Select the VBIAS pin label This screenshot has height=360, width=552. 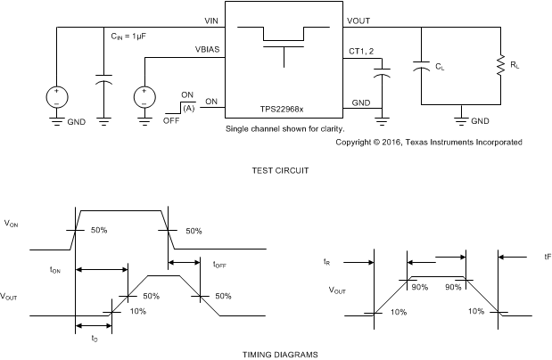click(206, 51)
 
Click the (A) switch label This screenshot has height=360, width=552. click(187, 108)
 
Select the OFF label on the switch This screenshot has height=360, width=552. click(171, 119)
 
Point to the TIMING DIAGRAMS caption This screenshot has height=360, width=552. click(279, 354)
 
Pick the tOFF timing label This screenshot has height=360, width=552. click(219, 264)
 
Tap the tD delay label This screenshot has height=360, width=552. click(95, 339)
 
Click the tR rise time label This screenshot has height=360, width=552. click(328, 262)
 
